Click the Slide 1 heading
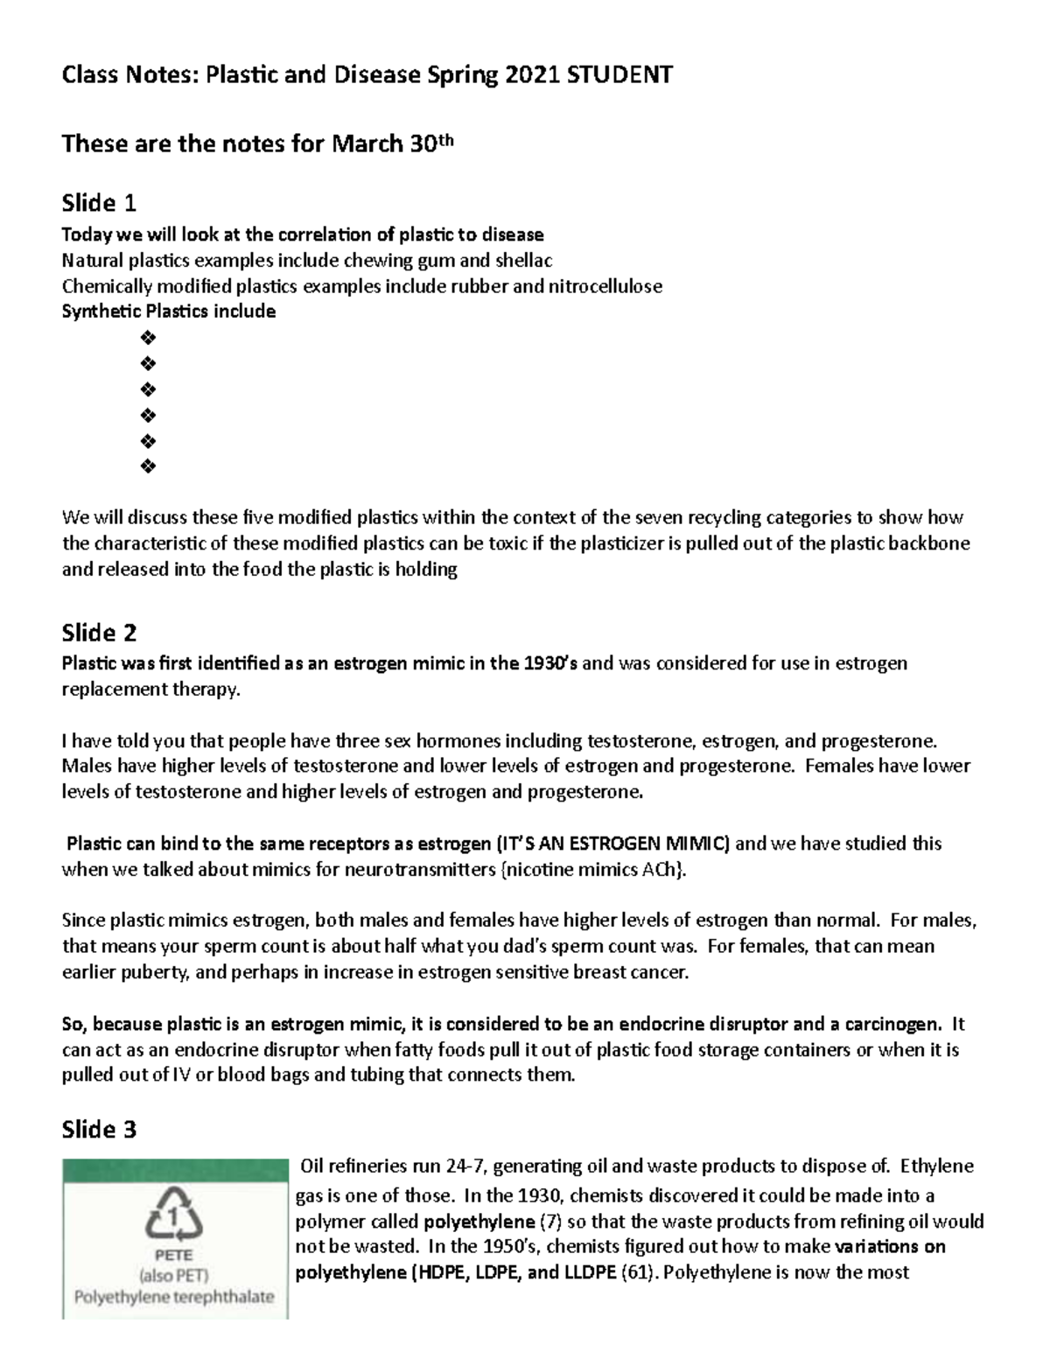click(99, 204)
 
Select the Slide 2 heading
click(99, 633)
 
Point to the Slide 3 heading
click(99, 1130)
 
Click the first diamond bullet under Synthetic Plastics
click(148, 338)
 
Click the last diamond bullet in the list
click(148, 466)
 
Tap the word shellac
click(523, 261)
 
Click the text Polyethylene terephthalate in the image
click(174, 1296)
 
